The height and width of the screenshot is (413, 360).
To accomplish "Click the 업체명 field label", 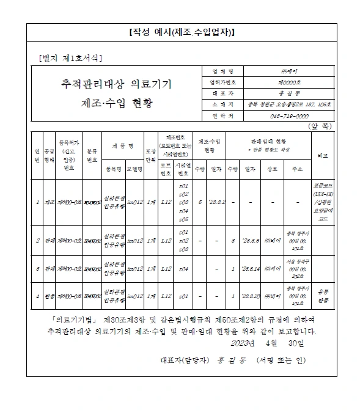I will pos(218,71).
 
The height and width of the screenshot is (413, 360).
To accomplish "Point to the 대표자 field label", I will pos(218,93).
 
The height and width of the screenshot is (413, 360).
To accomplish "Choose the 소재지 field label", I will pos(218,104).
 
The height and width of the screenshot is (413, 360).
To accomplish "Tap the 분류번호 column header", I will pos(92,155).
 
